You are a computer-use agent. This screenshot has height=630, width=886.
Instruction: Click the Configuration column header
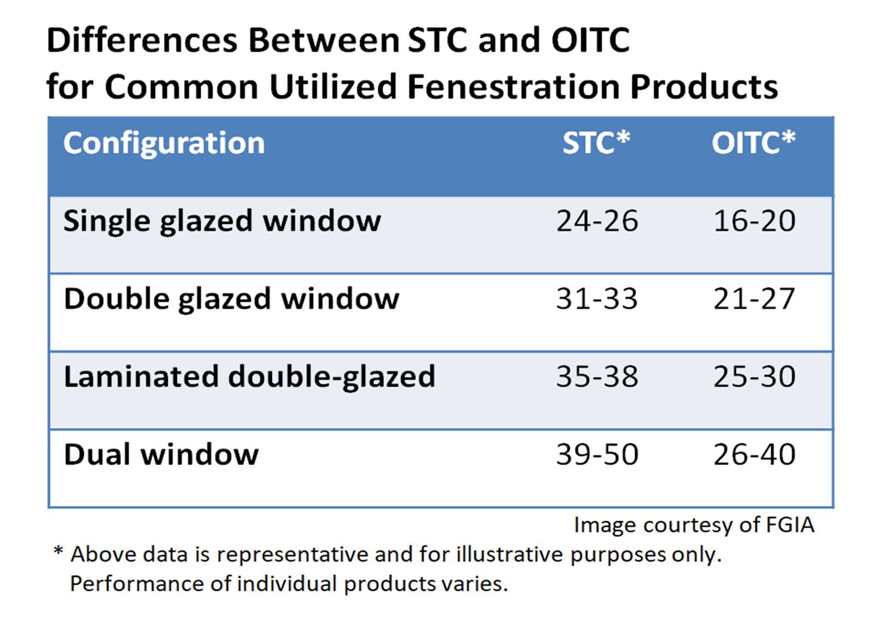[164, 143]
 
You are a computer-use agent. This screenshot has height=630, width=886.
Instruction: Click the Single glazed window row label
[222, 221]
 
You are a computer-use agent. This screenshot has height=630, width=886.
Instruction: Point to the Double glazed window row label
[232, 299]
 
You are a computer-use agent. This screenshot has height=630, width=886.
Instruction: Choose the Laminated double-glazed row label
[250, 376]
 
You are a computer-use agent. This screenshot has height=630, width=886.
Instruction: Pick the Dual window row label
[161, 455]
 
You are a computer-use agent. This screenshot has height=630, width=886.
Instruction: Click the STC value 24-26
[597, 221]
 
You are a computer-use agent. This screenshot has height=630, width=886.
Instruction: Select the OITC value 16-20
[754, 221]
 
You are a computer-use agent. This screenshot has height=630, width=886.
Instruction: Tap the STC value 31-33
[597, 299]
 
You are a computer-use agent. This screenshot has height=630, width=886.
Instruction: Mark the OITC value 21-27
[754, 299]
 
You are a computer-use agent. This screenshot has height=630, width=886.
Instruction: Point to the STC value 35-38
[597, 376]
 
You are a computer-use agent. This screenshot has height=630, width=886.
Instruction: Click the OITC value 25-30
[754, 376]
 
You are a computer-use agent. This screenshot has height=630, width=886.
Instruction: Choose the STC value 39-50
[597, 455]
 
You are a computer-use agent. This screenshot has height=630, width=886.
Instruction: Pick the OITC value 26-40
[754, 455]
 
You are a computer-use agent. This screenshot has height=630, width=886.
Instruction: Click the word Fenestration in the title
[513, 87]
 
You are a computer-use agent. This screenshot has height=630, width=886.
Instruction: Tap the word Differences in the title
[142, 41]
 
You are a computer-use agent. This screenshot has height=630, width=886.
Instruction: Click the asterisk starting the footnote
[58, 551]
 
